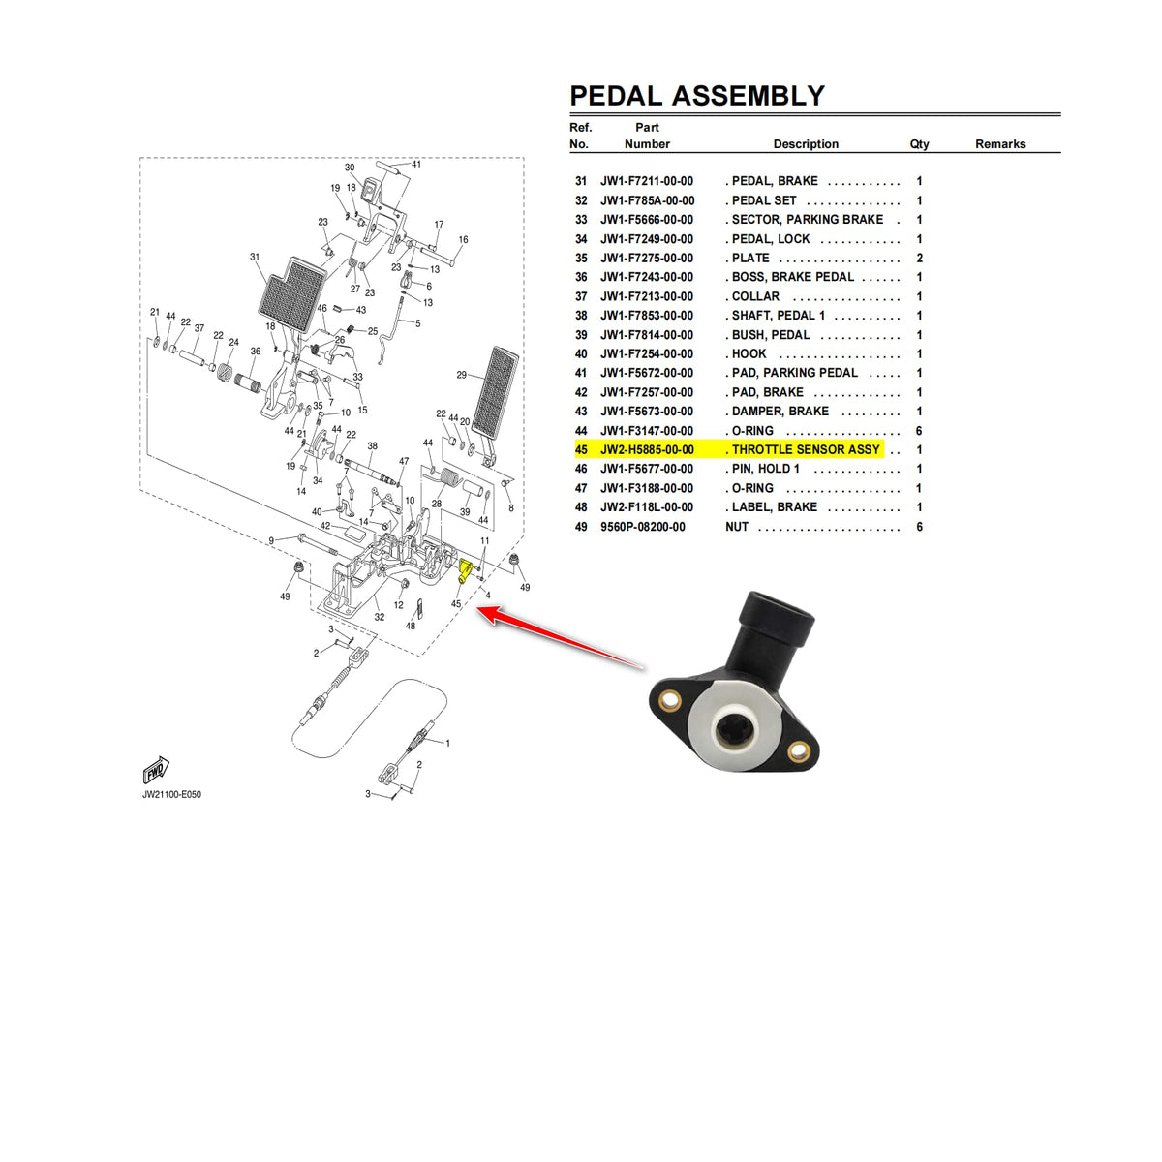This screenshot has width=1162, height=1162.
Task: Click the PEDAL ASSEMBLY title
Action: tap(697, 96)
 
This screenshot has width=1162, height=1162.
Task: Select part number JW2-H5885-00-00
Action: tap(647, 450)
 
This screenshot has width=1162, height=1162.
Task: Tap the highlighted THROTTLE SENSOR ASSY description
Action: tap(806, 450)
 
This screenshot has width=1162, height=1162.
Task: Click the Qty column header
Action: tap(919, 144)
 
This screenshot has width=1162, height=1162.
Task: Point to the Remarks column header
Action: tap(1000, 144)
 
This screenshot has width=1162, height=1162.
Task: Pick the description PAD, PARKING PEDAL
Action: tap(794, 373)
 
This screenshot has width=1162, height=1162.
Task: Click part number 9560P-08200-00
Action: tap(643, 527)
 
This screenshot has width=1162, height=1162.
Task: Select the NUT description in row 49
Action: tap(737, 527)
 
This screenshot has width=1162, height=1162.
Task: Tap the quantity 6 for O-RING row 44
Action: tap(919, 431)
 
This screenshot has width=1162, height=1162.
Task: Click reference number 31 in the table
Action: tap(581, 181)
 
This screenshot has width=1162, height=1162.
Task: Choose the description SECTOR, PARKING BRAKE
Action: tap(807, 220)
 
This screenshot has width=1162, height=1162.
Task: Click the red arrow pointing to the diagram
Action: tap(562, 637)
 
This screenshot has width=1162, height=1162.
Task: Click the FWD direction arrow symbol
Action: tap(156, 771)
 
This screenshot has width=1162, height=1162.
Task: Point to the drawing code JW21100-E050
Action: tap(172, 795)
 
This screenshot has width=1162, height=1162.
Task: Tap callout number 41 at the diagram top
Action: tap(416, 165)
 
